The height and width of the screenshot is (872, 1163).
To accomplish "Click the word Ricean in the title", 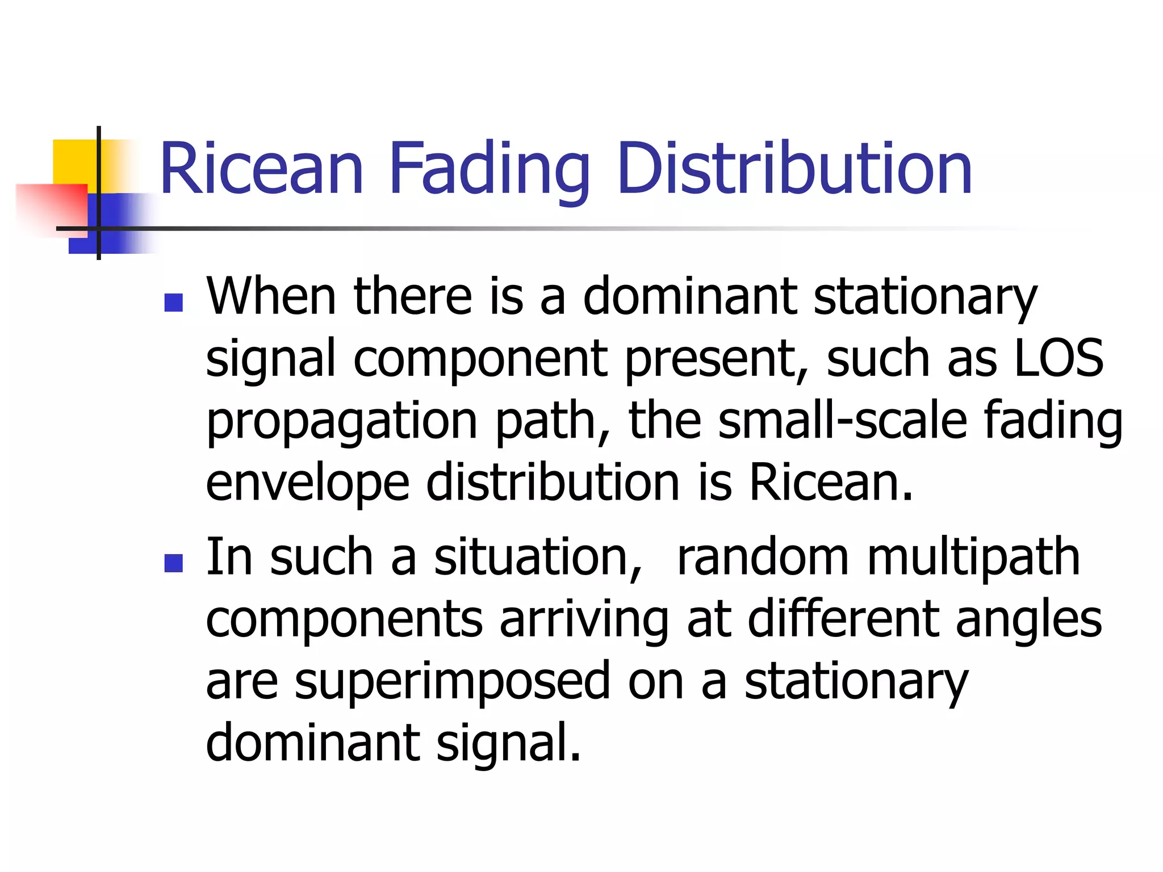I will [x=261, y=169].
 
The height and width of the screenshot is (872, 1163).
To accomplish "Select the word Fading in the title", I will [x=489, y=169].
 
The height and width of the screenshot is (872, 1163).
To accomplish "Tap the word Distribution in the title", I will [x=794, y=169].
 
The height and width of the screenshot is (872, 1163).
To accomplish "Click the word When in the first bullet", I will [x=271, y=296].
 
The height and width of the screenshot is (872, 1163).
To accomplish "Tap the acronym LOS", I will [x=1059, y=358].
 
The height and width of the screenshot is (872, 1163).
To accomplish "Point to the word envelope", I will [x=307, y=484].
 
